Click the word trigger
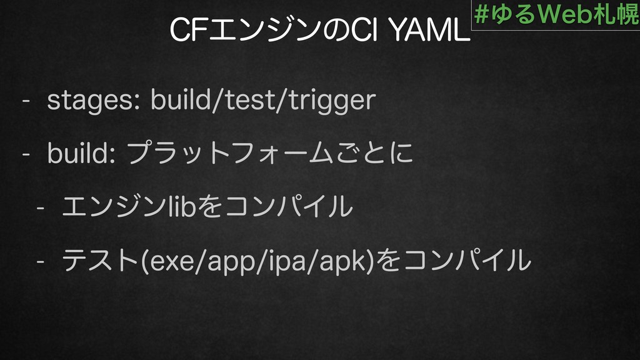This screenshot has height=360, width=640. (332, 101)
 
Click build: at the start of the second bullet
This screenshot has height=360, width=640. (81, 153)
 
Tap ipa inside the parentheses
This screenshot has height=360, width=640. (285, 261)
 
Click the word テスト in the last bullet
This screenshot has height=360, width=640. (100, 261)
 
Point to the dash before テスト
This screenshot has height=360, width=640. (41, 261)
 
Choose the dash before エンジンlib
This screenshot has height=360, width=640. (41, 207)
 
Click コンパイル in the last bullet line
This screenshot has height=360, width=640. (466, 261)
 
